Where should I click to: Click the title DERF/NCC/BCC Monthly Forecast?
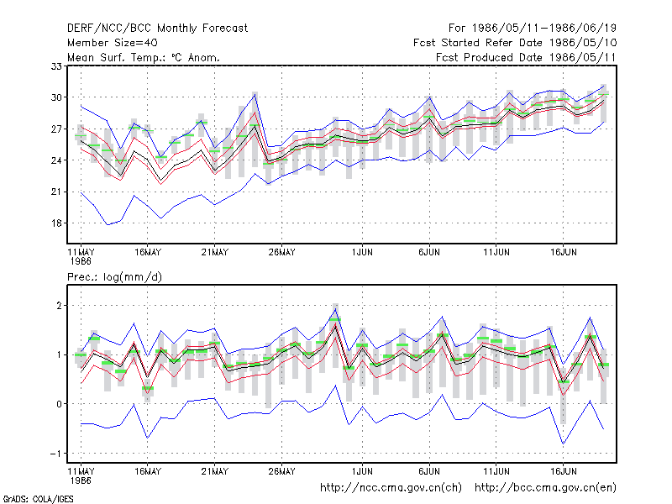[x=157, y=29]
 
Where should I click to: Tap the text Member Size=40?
[x=113, y=43]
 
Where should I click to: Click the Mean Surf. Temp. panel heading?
[x=143, y=57]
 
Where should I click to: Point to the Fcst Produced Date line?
[x=526, y=57]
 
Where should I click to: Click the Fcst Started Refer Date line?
[x=515, y=43]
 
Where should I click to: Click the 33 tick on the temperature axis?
[x=56, y=66]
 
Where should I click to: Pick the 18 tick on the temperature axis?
[x=56, y=223]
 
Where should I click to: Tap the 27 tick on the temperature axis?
[x=56, y=129]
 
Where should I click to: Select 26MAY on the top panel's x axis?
[x=281, y=253]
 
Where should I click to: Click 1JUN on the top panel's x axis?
[x=362, y=253]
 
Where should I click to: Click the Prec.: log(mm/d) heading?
[x=114, y=277]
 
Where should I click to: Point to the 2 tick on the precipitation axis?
[x=59, y=306]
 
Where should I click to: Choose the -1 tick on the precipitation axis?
[x=55, y=454]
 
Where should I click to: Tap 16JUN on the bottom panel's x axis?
[x=563, y=471]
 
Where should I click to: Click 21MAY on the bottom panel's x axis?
[x=215, y=471]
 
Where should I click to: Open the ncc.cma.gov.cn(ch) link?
[x=391, y=488]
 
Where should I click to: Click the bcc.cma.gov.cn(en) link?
[x=545, y=488]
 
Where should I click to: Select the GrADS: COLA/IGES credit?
[x=38, y=499]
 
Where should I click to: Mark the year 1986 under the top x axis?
[x=81, y=261]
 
